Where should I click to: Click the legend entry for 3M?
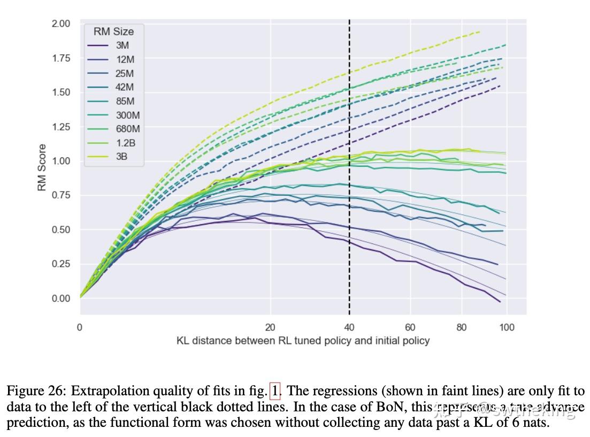[x=122, y=45]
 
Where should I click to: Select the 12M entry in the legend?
[x=124, y=59]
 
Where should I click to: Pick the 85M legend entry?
[x=124, y=101]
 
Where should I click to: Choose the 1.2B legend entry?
[x=126, y=143]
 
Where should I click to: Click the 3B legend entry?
[x=122, y=157]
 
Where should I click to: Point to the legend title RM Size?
[x=113, y=32]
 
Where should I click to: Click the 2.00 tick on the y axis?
[x=61, y=24]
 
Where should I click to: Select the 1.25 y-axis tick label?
[x=61, y=127]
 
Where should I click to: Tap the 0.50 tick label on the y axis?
[x=61, y=229]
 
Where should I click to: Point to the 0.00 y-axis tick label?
[x=61, y=298]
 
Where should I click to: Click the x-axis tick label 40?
[x=349, y=327]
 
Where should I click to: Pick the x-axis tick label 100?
[x=507, y=327]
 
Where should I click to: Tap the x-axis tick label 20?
[x=270, y=327]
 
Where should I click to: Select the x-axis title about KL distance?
[x=303, y=341]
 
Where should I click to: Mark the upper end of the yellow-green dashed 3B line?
[x=479, y=32]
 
